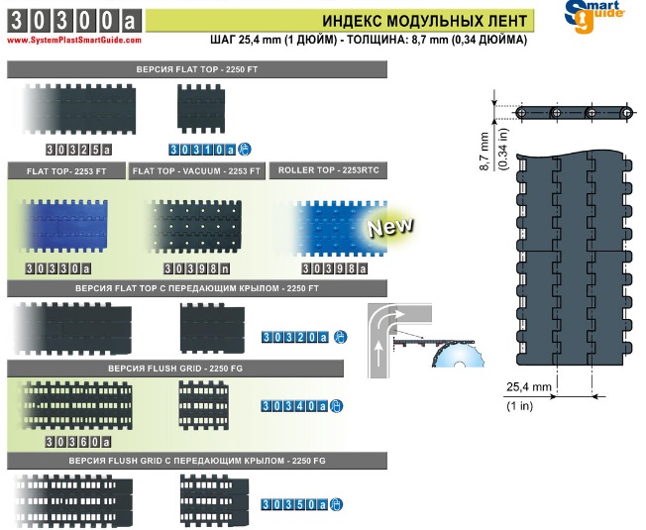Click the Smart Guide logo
594,16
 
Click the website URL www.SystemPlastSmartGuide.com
74,41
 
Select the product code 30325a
78,150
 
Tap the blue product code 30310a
202,150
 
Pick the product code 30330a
58,268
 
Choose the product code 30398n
196,268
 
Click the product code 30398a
334,268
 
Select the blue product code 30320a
295,337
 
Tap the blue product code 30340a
294,406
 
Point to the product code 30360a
78,442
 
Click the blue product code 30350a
294,505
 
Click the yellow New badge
390,226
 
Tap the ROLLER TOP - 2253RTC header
328,170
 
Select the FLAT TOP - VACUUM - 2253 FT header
196,171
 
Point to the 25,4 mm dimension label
528,387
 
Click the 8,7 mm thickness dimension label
484,152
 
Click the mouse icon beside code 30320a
340,337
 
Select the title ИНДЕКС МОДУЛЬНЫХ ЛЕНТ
424,21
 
